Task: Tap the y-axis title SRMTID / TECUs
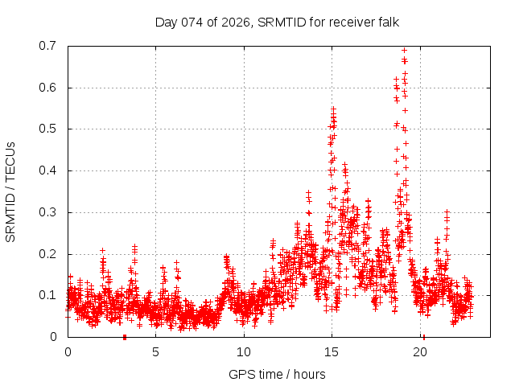11,191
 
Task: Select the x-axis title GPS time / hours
276,374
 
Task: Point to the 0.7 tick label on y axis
48,46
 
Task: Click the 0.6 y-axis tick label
48,88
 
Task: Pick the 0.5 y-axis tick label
48,129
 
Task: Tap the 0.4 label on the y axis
48,170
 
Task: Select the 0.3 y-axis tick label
48,212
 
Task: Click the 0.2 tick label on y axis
48,253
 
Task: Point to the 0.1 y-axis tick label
48,295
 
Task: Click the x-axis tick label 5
155,352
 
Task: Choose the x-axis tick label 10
243,352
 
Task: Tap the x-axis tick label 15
332,352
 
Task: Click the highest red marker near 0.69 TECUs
404,50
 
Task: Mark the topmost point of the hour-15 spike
333,108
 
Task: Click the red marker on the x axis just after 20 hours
423,336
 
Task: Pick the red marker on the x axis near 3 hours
124,336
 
